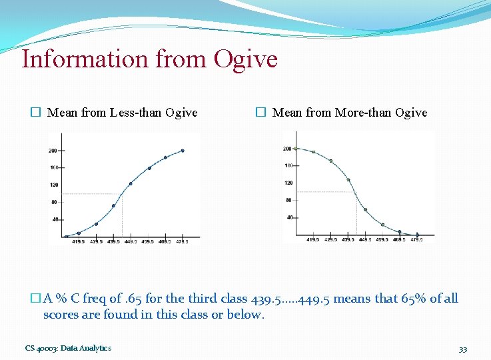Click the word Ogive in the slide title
pyautogui.click(x=245, y=59)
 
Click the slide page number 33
pyautogui.click(x=462, y=349)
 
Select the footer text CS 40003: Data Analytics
pyautogui.click(x=68, y=348)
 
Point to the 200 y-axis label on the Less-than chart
pyautogui.click(x=53, y=151)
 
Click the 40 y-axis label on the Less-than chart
pyautogui.click(x=54, y=219)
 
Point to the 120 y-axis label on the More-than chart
pyautogui.click(x=288, y=183)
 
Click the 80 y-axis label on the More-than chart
pyautogui.click(x=289, y=200)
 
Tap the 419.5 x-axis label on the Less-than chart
pyautogui.click(x=79, y=241)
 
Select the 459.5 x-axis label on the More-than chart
pyautogui.click(x=382, y=239)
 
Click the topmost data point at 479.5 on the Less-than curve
pyautogui.click(x=183, y=151)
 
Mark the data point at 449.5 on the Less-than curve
pyautogui.click(x=131, y=184)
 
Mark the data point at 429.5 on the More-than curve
pyautogui.click(x=330, y=161)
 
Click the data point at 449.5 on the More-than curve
pyautogui.click(x=365, y=209)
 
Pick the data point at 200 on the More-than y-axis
pyautogui.click(x=296, y=149)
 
